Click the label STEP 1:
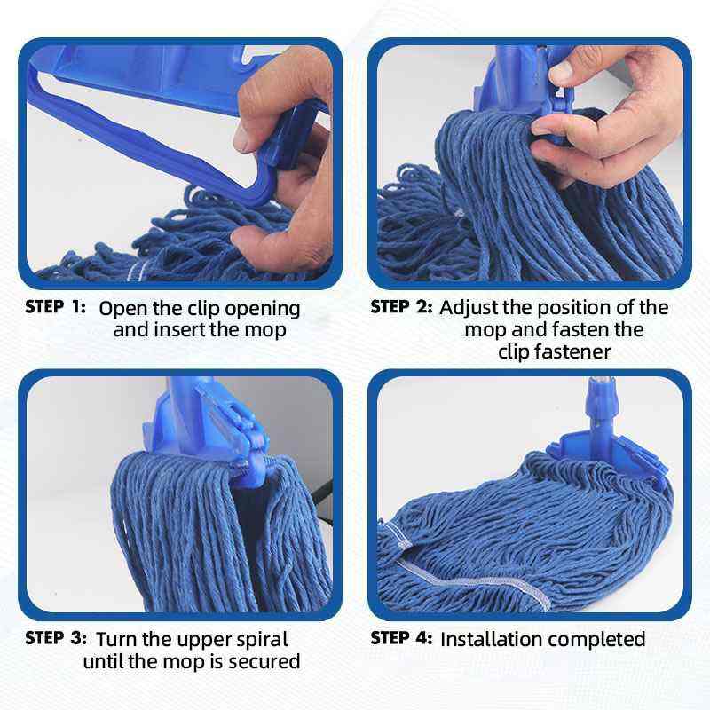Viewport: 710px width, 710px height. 55,307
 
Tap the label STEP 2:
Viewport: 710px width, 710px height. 401,307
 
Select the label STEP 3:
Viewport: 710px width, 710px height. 56,638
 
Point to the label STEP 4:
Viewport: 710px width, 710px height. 401,638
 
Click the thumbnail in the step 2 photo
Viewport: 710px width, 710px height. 562,72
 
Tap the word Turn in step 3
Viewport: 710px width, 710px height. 116,639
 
